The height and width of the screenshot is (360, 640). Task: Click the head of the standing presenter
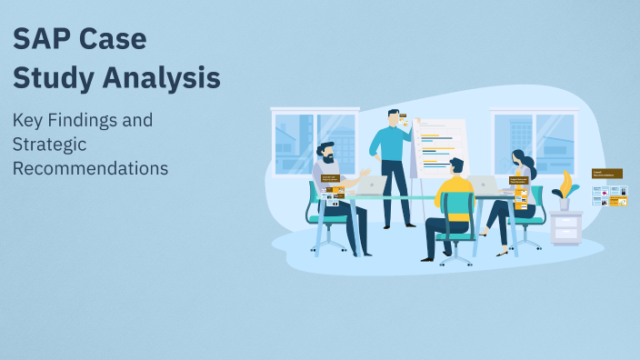(x=394, y=118)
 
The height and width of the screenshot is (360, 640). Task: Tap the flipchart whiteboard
(x=440, y=145)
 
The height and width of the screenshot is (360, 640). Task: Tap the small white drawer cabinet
(x=565, y=228)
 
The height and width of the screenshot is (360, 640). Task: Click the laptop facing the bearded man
(x=371, y=185)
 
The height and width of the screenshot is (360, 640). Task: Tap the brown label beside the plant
(x=606, y=173)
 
